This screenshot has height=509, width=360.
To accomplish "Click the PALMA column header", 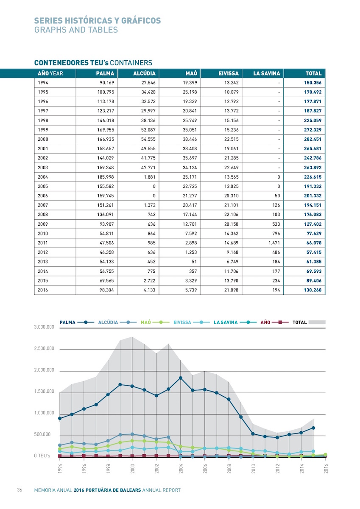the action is coord(105,73).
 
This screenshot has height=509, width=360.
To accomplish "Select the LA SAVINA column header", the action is coord(267,73).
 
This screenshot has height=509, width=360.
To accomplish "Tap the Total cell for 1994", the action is coord(313,83).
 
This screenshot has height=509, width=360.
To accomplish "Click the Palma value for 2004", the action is coord(106,177).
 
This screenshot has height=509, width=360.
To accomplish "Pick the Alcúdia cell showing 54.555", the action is coord(148,139).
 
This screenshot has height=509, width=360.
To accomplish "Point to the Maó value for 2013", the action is coord(194,262).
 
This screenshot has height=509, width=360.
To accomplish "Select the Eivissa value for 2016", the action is coord(232,290).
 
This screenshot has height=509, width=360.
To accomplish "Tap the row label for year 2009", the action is coord(43,224).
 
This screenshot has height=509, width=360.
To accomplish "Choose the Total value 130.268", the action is coord(313,290).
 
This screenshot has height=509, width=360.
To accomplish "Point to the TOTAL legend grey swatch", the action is coord(317,322).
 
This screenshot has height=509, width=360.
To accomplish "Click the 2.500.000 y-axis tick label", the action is coord(44,349).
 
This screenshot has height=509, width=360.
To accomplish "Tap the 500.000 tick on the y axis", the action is coord(42,434).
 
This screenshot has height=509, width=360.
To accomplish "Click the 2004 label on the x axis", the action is coord(181,469).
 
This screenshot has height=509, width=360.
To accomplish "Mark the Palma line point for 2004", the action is coord(181,378).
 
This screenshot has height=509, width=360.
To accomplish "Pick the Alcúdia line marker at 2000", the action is coord(132,434).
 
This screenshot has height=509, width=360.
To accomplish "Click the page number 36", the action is coord(20,489).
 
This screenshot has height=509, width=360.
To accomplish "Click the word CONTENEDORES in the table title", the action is coord(61,63).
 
